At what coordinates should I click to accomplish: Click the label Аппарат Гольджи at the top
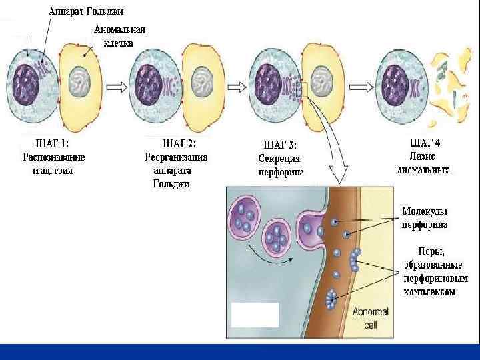(x=87, y=11)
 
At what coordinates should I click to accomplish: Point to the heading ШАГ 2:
(x=179, y=143)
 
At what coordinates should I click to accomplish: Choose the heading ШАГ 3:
(x=281, y=144)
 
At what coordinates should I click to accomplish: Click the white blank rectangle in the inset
(x=255, y=315)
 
